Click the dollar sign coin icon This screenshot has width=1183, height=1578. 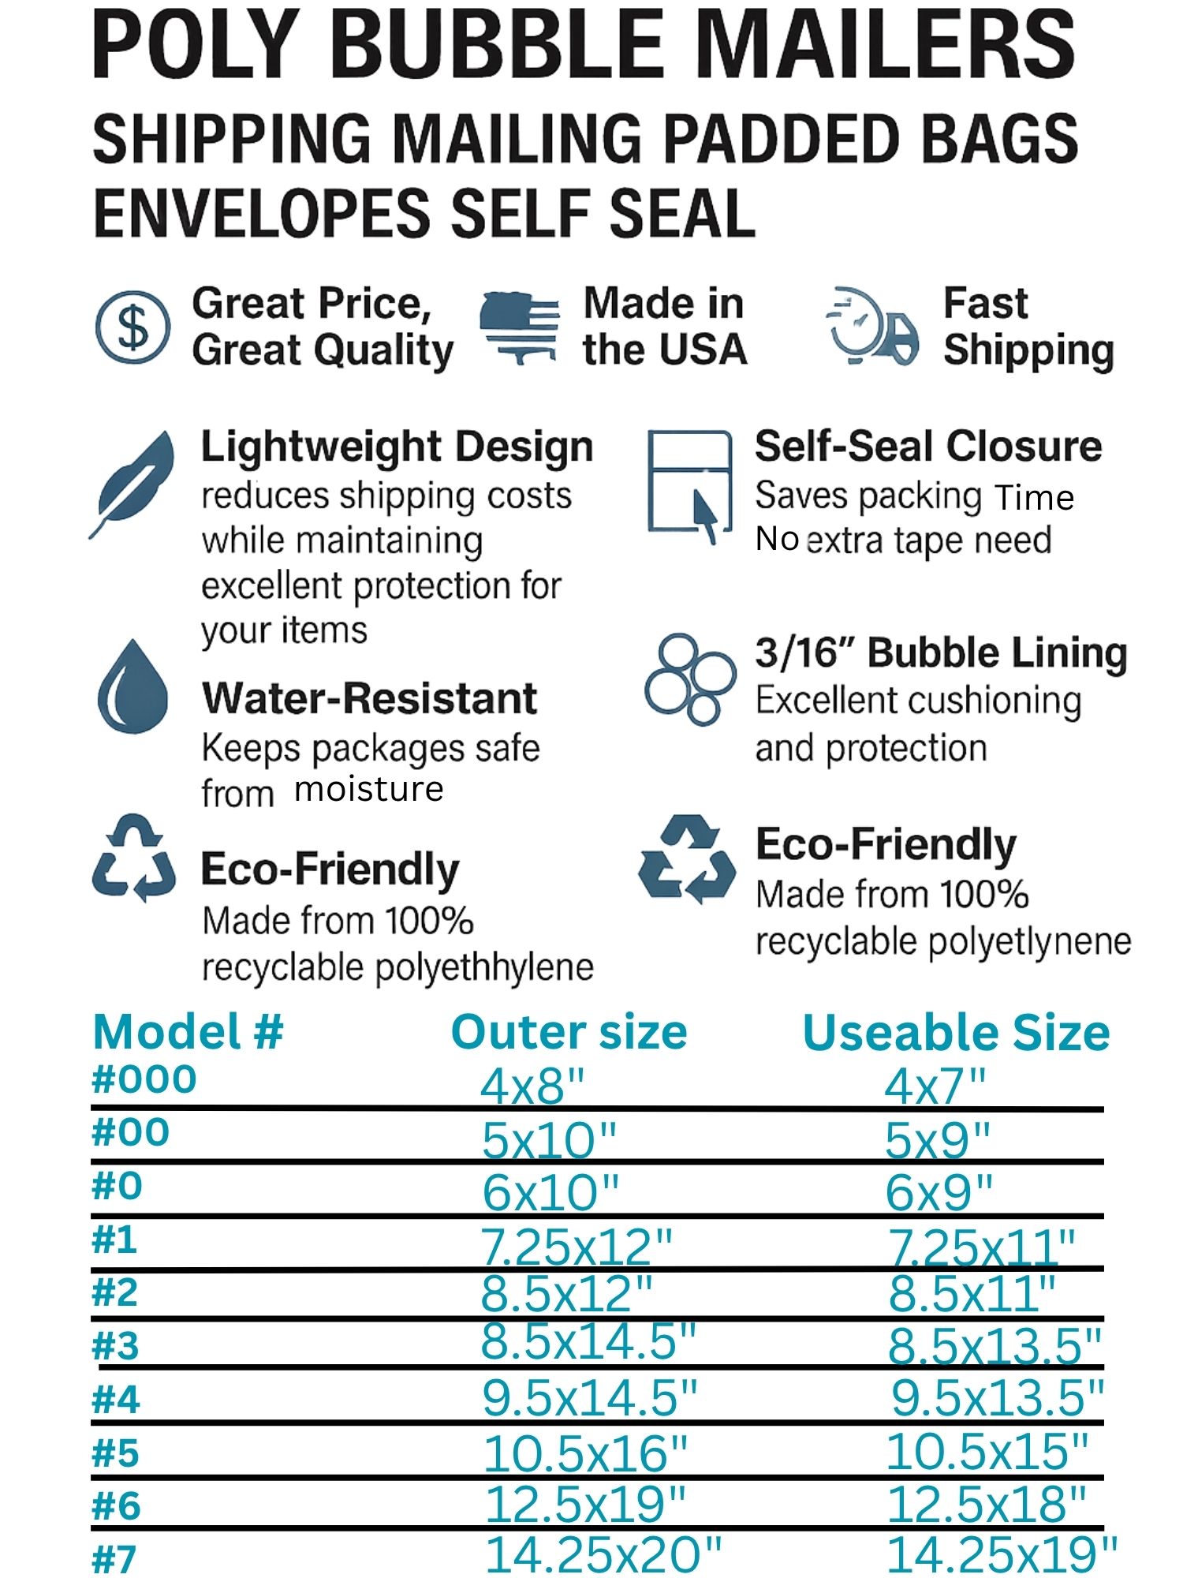pyautogui.click(x=132, y=327)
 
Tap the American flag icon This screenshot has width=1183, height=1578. pyautogui.click(x=521, y=327)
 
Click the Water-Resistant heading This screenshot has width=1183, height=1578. pyautogui.click(x=369, y=698)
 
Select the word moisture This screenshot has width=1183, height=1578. pyautogui.click(x=369, y=789)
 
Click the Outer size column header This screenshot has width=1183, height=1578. pyautogui.click(x=569, y=1032)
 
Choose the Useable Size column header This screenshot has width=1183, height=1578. pyautogui.click(x=956, y=1032)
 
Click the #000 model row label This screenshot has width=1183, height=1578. pyautogui.click(x=144, y=1079)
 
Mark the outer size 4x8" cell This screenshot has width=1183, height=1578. pyautogui.click(x=533, y=1086)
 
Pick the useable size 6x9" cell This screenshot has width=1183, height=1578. pyautogui.click(x=939, y=1192)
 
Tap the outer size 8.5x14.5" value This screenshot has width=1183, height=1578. pyautogui.click(x=588, y=1341)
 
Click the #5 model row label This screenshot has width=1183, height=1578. pyautogui.click(x=116, y=1453)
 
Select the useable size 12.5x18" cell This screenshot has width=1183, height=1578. pyautogui.click(x=987, y=1504)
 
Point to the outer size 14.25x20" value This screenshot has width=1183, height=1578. pyautogui.click(x=603, y=1554)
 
